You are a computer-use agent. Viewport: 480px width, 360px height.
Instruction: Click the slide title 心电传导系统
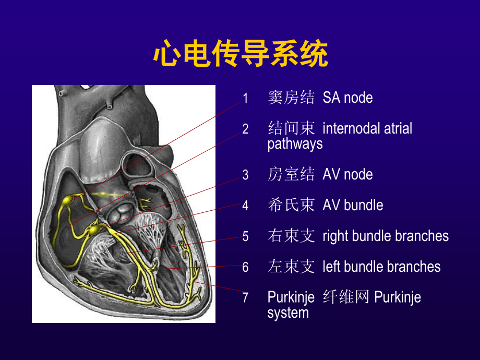(240, 55)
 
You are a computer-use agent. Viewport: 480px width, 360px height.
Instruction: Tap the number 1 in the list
(245, 98)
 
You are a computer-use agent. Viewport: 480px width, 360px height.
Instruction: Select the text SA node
(347, 98)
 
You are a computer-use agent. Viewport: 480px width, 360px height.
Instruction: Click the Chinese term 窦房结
(291, 98)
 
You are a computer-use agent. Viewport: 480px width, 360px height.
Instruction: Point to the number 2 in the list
(245, 129)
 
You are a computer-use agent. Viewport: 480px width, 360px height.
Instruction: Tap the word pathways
(295, 144)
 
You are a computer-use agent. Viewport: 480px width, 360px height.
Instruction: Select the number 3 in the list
(245, 175)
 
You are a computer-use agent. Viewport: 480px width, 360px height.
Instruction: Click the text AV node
(347, 174)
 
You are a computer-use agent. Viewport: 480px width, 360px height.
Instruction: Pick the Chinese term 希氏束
(291, 205)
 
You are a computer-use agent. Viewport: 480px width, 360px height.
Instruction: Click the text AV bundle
(353, 205)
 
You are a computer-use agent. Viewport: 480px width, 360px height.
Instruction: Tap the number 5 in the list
(245, 236)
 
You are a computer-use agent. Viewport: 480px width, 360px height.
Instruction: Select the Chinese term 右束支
(291, 236)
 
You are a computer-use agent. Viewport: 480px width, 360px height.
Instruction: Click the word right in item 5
(335, 236)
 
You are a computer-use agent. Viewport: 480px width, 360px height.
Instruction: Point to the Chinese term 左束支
(291, 267)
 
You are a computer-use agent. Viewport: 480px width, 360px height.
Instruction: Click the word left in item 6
(331, 267)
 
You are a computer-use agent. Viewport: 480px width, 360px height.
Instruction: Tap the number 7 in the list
(245, 298)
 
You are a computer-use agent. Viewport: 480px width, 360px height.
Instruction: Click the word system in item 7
(288, 313)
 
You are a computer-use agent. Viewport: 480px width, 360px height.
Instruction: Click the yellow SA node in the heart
(68, 200)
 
